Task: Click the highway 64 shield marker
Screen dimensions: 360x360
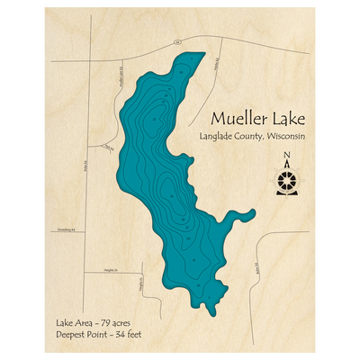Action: [178, 41]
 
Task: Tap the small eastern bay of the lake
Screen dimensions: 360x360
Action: [247, 213]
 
